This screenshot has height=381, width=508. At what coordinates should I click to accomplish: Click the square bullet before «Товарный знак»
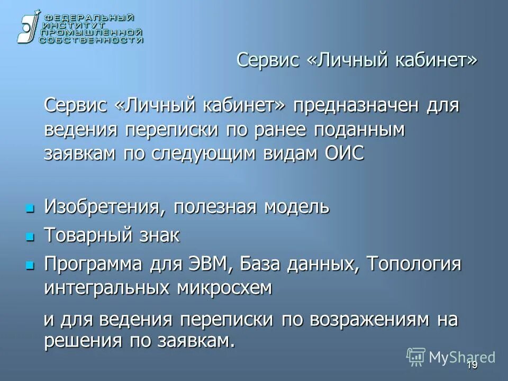tap(30, 235)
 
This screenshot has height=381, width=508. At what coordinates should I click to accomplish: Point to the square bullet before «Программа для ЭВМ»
tap(30, 264)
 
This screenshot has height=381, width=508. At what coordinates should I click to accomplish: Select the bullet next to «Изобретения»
tap(30, 207)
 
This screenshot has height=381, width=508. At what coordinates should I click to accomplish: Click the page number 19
tap(472, 366)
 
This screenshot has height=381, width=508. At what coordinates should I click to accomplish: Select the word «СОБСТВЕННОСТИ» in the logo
tap(92, 40)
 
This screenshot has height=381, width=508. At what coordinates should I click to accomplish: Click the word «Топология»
tap(414, 264)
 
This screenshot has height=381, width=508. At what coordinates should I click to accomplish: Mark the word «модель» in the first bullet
tap(297, 207)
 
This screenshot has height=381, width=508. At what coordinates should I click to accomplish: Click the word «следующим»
tap(202, 153)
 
